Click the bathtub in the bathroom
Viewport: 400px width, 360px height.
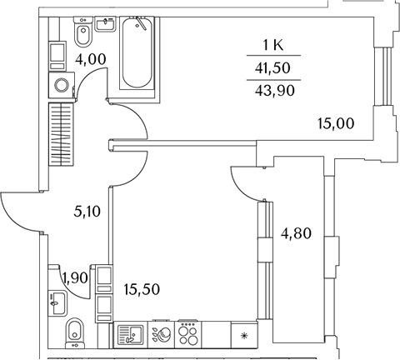137,52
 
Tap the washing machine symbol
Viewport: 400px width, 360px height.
62,85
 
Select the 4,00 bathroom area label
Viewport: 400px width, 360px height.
91,59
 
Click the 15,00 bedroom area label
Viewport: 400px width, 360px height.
336,123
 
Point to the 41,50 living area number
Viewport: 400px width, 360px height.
272,67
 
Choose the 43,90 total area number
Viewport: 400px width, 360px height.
274,91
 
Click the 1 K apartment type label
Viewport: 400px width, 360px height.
273,45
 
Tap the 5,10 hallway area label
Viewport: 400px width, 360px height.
87,212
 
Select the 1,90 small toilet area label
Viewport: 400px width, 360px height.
75,277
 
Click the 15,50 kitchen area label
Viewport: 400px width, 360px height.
142,289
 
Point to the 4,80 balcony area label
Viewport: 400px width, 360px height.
296,233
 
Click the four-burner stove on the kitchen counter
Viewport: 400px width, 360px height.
188,334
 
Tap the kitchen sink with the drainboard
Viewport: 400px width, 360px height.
130,335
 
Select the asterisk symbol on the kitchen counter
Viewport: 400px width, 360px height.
243,337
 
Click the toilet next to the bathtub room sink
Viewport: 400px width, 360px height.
83,32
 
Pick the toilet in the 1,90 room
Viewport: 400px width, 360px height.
75,333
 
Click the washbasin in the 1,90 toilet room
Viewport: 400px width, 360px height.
57,303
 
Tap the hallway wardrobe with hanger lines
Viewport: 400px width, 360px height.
62,134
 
